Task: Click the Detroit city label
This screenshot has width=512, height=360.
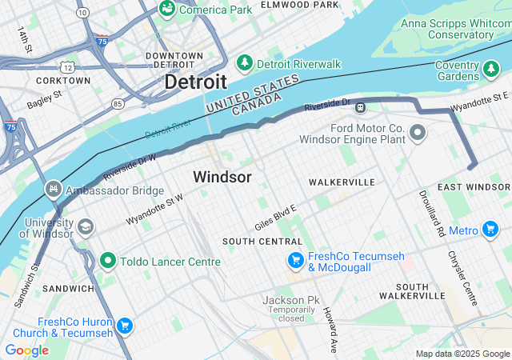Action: [195, 82]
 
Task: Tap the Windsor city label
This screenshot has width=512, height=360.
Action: [222, 177]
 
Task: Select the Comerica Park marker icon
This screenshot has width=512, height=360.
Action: [167, 9]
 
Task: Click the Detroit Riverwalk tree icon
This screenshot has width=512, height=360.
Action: [245, 63]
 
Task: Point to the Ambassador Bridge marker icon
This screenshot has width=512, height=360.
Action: [54, 190]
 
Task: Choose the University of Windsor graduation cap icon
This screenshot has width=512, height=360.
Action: [84, 228]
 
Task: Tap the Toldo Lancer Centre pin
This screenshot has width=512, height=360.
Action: [108, 261]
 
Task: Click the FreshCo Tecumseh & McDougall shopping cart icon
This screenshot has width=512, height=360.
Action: [295, 261]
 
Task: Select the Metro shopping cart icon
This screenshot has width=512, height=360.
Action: [490, 230]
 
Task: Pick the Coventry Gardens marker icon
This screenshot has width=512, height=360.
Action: [490, 70]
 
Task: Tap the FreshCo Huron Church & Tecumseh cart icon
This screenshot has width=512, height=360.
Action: [124, 326]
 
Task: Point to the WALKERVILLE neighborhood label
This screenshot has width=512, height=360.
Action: [342, 182]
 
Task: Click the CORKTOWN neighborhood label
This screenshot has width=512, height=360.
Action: [63, 81]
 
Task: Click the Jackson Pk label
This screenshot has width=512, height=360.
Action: [291, 300]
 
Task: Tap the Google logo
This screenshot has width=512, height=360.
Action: [26, 350]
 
